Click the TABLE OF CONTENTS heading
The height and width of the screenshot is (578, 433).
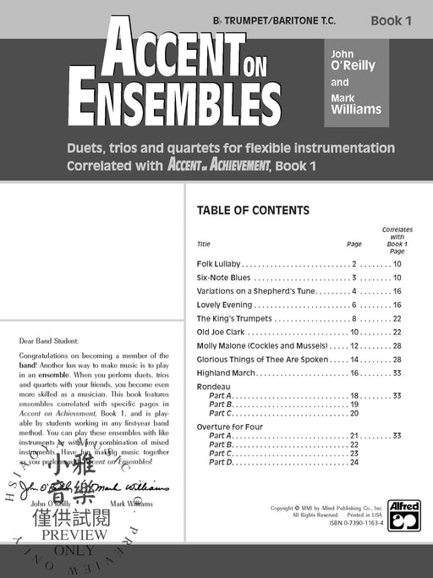(253, 211)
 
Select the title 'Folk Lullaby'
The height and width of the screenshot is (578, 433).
(219, 264)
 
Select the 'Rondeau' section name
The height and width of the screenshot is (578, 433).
(212, 386)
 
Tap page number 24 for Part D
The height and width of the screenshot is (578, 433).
(355, 462)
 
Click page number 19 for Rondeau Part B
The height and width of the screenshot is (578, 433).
(355, 405)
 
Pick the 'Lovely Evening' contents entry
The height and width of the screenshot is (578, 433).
(224, 305)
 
